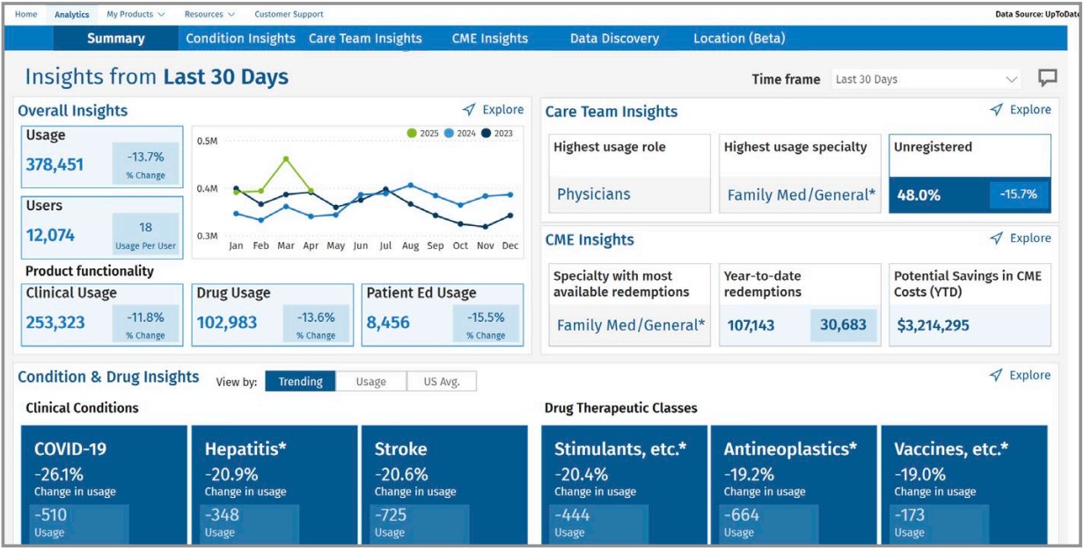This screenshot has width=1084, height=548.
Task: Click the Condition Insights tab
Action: (x=240, y=39)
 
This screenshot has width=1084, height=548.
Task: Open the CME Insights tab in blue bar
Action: (x=489, y=39)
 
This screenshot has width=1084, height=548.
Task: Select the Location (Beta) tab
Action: (x=739, y=39)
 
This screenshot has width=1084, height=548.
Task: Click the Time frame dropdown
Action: (x=926, y=79)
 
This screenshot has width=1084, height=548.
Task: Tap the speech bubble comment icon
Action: (x=1047, y=78)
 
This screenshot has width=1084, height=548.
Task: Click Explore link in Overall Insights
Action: (x=494, y=110)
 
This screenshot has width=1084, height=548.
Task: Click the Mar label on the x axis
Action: (x=286, y=246)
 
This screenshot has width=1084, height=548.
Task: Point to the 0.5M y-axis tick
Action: (x=207, y=142)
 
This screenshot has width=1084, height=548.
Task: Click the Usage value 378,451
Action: (x=55, y=164)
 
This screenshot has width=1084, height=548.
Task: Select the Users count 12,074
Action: (x=50, y=235)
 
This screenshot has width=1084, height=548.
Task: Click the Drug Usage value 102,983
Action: (x=227, y=323)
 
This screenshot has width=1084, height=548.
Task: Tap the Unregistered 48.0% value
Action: (x=919, y=195)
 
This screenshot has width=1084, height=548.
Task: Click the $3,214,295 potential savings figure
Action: (x=933, y=325)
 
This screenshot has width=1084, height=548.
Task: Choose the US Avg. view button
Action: (x=441, y=382)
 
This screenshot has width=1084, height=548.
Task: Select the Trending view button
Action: (x=300, y=382)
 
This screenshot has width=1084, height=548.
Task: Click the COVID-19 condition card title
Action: (x=70, y=449)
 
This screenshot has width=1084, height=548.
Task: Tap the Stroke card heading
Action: (x=400, y=449)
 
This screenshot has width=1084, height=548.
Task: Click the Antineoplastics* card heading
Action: (x=790, y=449)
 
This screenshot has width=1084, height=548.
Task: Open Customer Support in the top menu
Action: (x=289, y=14)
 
